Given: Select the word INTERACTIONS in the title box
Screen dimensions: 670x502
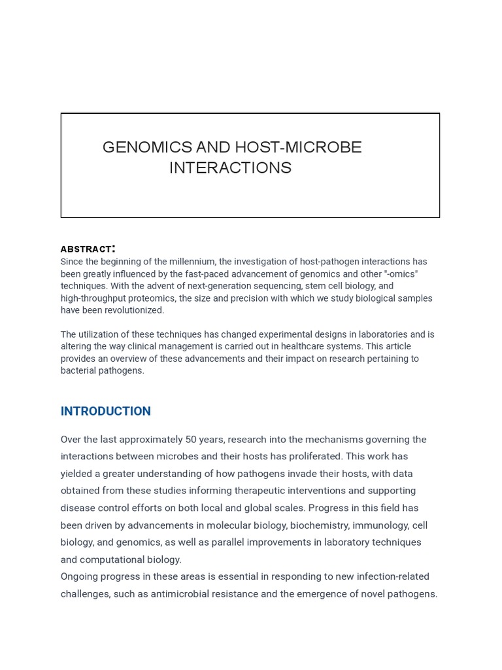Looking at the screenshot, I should point(230,168).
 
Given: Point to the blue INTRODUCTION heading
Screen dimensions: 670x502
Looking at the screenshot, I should point(105,412).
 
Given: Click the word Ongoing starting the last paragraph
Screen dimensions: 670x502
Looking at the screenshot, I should point(81,576).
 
